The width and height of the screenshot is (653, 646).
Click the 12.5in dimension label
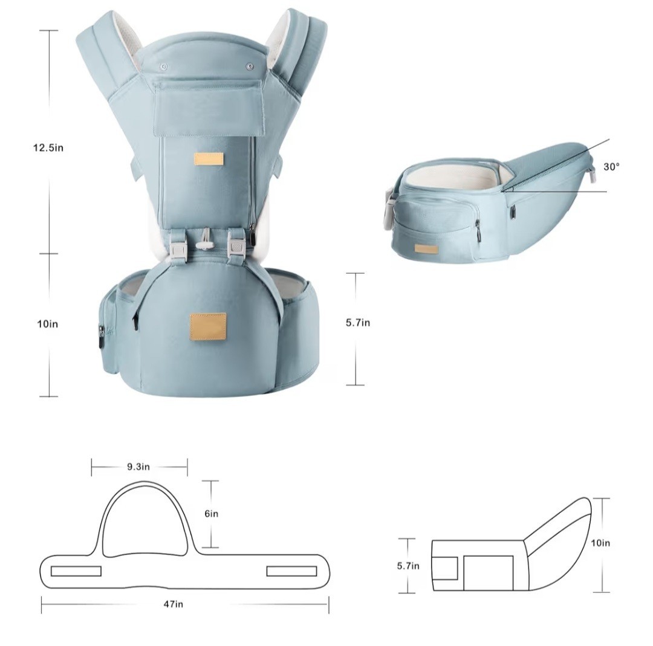click(48, 148)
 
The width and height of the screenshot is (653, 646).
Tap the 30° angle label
click(611, 167)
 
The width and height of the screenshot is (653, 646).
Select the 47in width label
click(174, 604)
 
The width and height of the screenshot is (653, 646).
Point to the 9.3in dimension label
click(138, 467)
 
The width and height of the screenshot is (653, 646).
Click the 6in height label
click(211, 514)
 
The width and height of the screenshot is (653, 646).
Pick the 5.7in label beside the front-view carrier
click(358, 323)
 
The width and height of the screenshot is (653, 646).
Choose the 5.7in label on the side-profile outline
click(408, 566)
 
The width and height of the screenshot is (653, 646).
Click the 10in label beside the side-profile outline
click(600, 543)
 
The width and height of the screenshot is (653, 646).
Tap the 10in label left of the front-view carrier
click(48, 324)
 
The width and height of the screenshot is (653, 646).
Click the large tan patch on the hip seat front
click(208, 327)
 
